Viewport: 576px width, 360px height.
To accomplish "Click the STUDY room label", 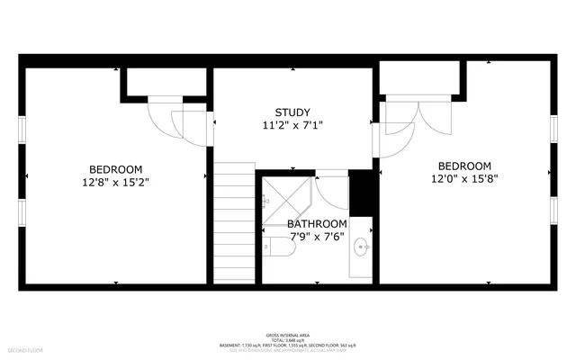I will click(292, 113).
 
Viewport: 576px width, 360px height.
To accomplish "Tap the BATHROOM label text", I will click(317, 224).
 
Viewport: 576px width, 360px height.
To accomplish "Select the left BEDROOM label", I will click(115, 169).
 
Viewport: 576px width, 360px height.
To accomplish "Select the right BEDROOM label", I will click(464, 166).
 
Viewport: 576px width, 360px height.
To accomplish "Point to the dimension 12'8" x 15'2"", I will click(115, 182).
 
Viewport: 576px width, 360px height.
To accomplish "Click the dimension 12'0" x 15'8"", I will click(464, 178).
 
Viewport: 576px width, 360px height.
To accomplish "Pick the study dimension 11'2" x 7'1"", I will click(292, 126).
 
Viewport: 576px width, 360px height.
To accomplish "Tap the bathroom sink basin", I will click(363, 245).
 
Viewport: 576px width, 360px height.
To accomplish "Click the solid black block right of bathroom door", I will click(361, 193).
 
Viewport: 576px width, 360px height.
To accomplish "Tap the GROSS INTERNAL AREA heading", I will click(288, 332).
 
